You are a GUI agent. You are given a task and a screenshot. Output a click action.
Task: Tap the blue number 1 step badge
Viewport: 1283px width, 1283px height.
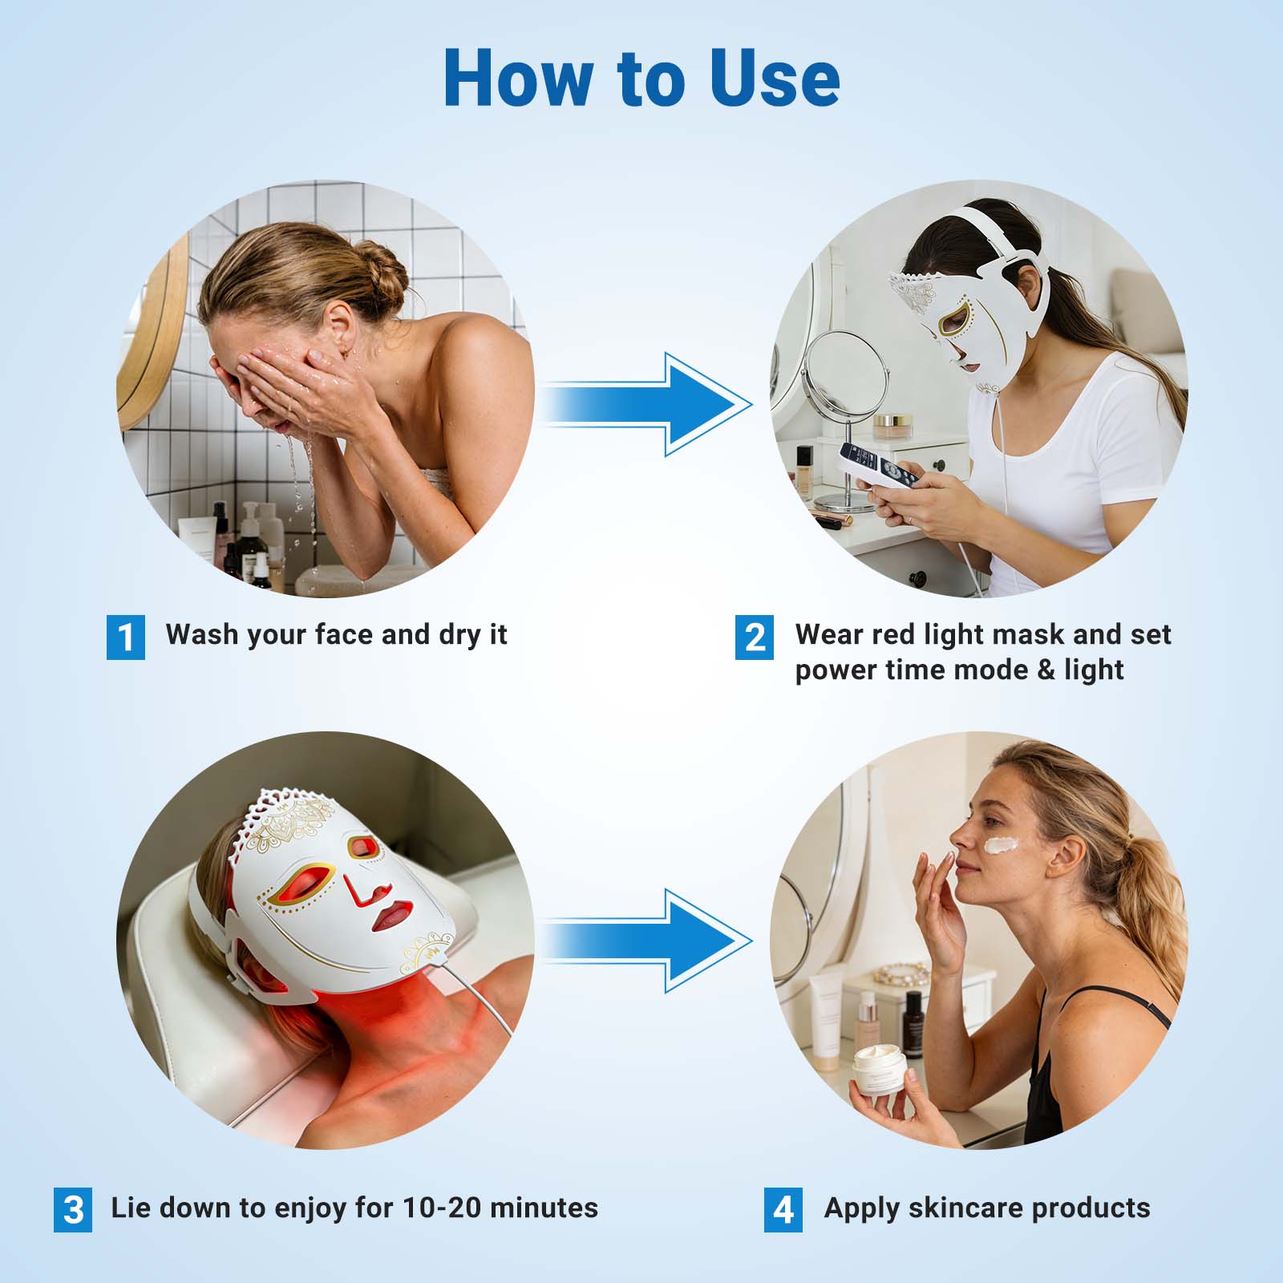point(126,637)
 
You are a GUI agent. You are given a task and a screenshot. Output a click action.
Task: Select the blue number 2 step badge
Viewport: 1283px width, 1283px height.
point(755,637)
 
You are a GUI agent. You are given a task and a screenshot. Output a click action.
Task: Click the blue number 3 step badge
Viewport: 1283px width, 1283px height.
point(73,1210)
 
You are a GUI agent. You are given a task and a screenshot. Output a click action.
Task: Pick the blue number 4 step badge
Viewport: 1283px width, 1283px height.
point(783,1210)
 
